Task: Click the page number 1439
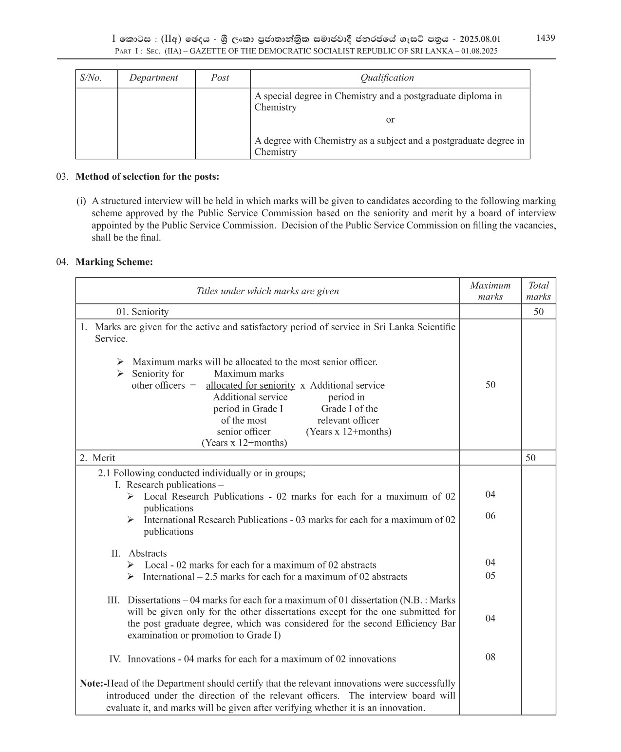(545, 38)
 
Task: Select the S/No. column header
(91, 78)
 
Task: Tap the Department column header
(153, 78)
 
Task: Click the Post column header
(220, 78)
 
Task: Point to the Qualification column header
(387, 78)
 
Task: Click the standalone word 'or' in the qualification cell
(390, 119)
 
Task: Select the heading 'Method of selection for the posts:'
(147, 176)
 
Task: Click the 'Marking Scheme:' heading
(114, 262)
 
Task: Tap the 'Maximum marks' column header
(490, 291)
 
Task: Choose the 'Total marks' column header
(538, 291)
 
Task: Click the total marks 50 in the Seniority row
(538, 312)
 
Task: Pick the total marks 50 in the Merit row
(530, 458)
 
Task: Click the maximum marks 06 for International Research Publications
(490, 516)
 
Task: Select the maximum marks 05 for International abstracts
(490, 576)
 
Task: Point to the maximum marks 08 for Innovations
(490, 657)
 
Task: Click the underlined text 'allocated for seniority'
(250, 385)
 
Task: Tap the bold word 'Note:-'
(93, 684)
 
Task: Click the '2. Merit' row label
(97, 458)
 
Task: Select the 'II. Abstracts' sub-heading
(139, 553)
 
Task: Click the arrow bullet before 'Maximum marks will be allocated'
(120, 362)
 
